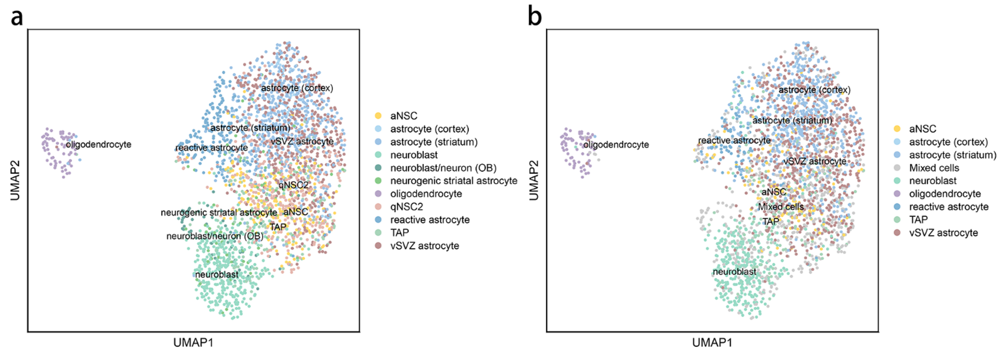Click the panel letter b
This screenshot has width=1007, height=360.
[x=535, y=18]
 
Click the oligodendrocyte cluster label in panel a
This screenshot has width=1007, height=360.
[x=99, y=145]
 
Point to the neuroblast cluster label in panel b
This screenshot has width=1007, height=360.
[x=734, y=272]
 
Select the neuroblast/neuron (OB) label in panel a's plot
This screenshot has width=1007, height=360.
[x=215, y=236]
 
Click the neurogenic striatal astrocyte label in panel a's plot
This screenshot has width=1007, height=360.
[x=219, y=213]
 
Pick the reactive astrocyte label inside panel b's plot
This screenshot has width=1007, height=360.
[x=734, y=140]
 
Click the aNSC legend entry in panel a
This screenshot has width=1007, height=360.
[x=403, y=116]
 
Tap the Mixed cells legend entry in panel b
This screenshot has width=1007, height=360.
[x=934, y=168]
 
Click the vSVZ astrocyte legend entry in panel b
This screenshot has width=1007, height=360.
[x=943, y=233]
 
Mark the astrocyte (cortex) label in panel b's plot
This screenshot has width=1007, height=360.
[x=814, y=90]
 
